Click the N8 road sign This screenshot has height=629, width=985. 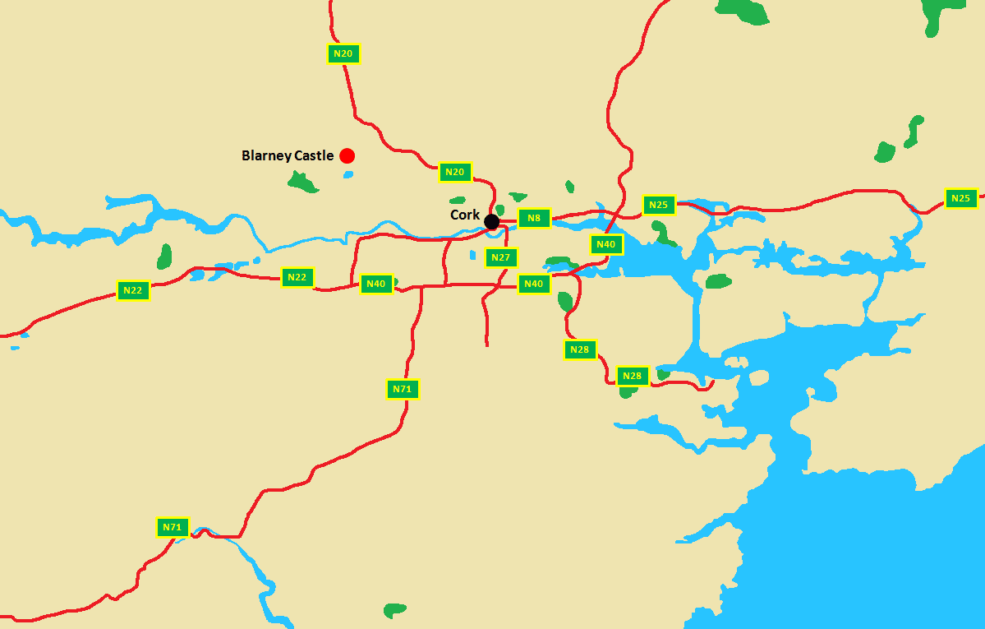click(x=534, y=218)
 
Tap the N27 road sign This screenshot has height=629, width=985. click(x=501, y=257)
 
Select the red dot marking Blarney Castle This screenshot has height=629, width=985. click(x=347, y=155)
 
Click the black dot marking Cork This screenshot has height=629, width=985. click(x=491, y=221)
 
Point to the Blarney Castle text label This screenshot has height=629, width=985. click(x=288, y=155)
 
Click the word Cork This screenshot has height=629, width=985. click(x=465, y=215)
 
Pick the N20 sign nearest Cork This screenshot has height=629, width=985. click(x=455, y=172)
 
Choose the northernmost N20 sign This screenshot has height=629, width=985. click(x=344, y=53)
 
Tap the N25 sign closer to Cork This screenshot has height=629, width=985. click(x=659, y=205)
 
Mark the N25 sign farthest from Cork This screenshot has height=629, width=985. click(x=961, y=198)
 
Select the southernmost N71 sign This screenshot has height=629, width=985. click(x=173, y=527)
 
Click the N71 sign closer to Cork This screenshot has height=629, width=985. click(x=403, y=389)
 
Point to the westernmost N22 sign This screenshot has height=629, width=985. click(x=133, y=290)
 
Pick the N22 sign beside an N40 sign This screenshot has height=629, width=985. click(x=297, y=277)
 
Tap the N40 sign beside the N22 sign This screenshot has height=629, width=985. click(x=376, y=284)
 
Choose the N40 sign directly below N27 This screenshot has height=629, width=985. click(x=534, y=284)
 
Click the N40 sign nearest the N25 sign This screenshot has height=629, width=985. click(x=606, y=244)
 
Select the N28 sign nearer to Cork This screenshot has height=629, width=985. click(x=580, y=349)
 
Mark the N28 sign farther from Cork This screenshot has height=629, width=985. click(x=633, y=376)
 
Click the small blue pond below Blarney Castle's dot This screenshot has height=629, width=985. click(x=348, y=173)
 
